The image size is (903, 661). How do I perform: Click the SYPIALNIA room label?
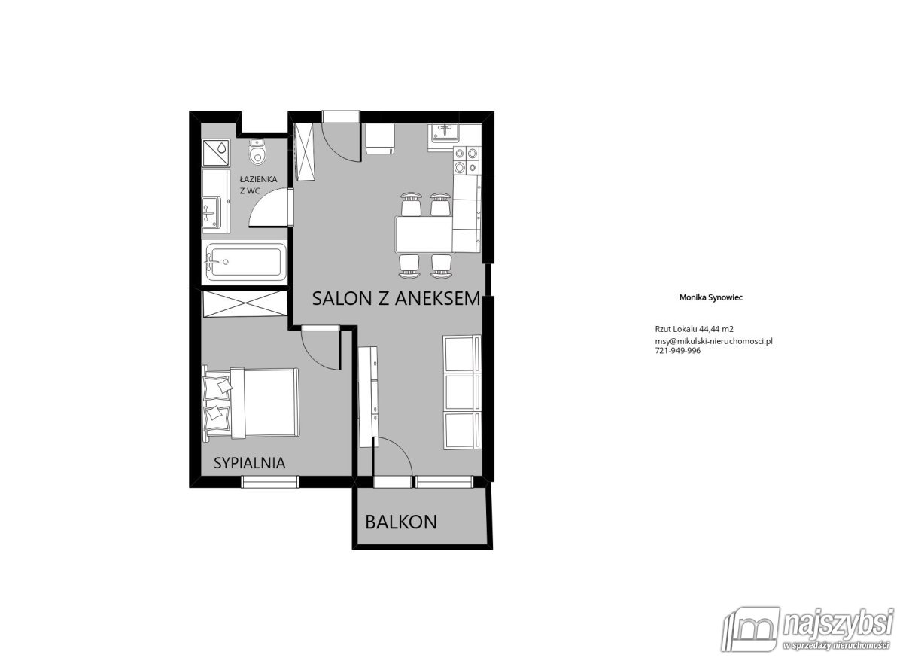tap(250, 463)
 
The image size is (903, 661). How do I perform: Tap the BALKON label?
tap(401, 522)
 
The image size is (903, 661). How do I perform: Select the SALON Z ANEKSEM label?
tap(397, 299)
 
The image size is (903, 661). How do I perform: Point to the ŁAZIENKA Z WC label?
tap(258, 185)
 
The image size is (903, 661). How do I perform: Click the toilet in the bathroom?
tap(257, 151)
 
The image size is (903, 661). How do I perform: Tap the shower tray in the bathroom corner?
tap(216, 153)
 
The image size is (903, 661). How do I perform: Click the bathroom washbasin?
tap(211, 212)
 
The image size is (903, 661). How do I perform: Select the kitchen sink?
tap(445, 132)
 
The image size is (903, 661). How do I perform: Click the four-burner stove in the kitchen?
tap(467, 160)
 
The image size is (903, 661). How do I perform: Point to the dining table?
tap(424, 235)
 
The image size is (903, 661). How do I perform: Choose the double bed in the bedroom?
tap(251, 402)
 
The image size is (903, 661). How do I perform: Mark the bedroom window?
tap(269, 482)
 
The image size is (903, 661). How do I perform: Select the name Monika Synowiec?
tap(711, 297)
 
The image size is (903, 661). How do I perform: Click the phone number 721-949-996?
tap(678, 351)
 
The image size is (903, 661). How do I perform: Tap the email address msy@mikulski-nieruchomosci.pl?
tap(714, 341)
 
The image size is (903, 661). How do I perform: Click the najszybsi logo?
tap(807, 633)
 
